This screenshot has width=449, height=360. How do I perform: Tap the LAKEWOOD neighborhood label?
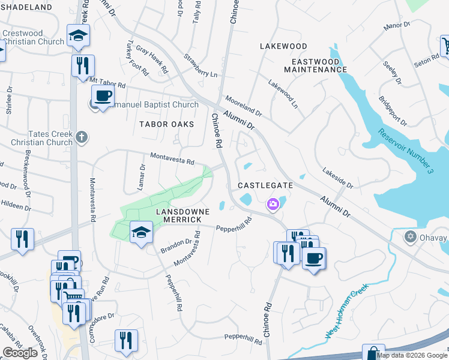pyautogui.click(x=283, y=46)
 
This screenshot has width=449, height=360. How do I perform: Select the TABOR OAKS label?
pyautogui.click(x=167, y=124)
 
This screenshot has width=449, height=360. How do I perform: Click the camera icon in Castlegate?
pyautogui.click(x=273, y=205)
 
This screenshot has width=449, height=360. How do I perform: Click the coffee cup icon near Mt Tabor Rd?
pyautogui.click(x=103, y=95)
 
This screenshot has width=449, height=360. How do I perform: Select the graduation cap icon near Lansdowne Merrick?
pyautogui.click(x=140, y=231)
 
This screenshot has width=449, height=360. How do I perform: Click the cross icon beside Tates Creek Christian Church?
pyautogui.click(x=82, y=138)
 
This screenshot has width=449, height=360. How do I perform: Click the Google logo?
pyautogui.click(x=20, y=353)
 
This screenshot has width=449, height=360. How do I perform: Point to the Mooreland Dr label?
pyautogui.click(x=244, y=105)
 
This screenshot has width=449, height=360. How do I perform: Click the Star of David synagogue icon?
pyautogui.click(x=411, y=236)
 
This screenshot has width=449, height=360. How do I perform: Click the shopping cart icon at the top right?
pyautogui.click(x=445, y=46)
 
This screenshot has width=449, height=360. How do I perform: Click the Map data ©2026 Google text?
pyautogui.click(x=412, y=355)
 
